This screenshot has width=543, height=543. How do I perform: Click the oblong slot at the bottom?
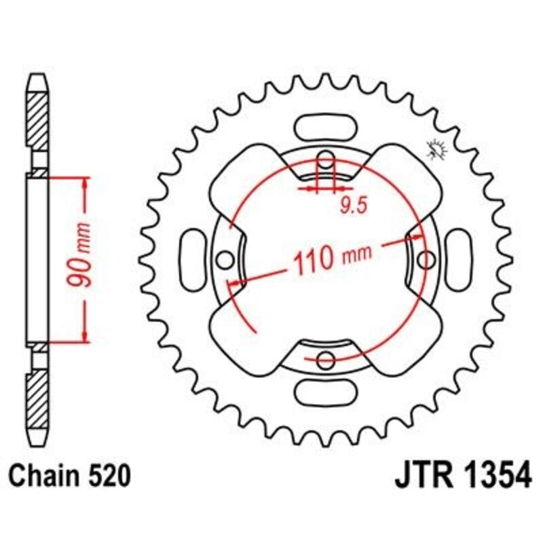pos(326,392)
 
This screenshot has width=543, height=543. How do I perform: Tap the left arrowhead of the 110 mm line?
pos(234,282)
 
